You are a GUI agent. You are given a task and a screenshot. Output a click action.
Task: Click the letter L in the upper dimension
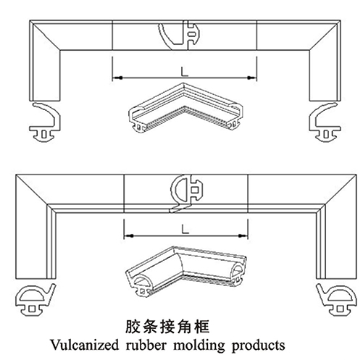185,72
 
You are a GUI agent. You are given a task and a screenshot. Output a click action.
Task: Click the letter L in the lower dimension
185,230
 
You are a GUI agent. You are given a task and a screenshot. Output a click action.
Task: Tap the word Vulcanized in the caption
84,345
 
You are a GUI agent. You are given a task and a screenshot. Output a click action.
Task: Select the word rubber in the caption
146,345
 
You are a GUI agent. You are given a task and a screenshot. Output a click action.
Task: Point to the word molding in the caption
199,346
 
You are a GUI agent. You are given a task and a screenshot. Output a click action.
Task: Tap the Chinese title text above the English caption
167,327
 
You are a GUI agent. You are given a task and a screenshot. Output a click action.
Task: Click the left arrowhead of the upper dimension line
117,78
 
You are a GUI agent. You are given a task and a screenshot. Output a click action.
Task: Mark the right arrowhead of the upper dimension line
252,78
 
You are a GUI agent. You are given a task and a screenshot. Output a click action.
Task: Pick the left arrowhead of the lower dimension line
128,235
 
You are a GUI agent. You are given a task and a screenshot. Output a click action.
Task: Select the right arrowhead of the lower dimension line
243,235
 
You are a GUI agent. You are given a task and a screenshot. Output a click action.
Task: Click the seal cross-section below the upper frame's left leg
45,122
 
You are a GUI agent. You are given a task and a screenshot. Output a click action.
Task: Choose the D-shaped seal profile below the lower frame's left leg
36,300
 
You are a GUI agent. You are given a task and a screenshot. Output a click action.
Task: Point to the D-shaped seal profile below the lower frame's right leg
337,300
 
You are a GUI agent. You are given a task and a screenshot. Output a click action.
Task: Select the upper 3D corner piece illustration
185,108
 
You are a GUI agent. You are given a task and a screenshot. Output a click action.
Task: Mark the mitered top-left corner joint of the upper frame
46,35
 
